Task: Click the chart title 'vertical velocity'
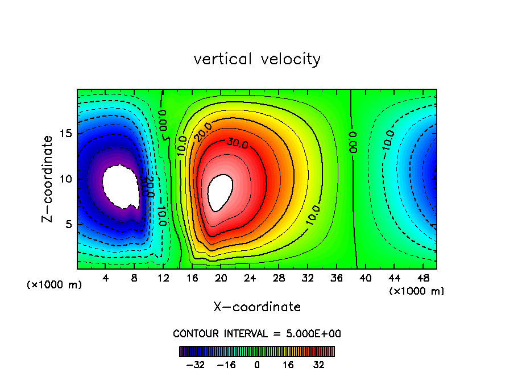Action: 257,59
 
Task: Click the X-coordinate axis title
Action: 257,307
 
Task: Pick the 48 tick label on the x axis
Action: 422,278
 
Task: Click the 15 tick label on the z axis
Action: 67,134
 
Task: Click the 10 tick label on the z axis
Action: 67,179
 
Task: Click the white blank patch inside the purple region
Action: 121,186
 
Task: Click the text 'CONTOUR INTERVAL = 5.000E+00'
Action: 257,333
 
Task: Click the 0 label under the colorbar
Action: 257,364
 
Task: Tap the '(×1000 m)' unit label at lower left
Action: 55,285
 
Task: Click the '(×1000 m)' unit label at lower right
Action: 416,291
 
